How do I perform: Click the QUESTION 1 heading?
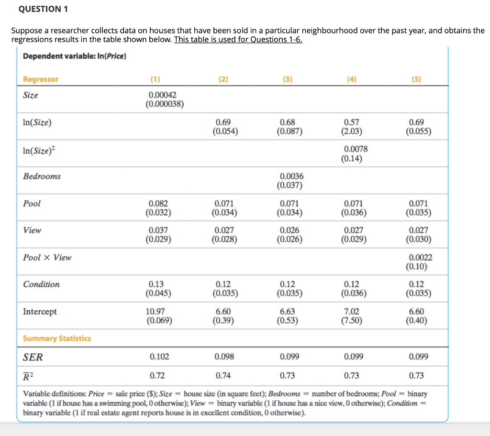tap(43, 9)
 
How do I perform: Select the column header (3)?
tap(288, 79)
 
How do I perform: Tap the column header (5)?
tap(416, 79)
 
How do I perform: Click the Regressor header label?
tap(41, 79)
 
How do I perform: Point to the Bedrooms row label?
tap(42, 176)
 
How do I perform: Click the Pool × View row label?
tap(47, 257)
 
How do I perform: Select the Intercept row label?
tap(40, 311)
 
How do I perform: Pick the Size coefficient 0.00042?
tap(163, 95)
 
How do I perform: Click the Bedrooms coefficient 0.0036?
tap(291, 176)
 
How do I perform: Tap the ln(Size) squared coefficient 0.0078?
tap(356, 149)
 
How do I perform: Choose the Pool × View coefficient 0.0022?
tap(421, 257)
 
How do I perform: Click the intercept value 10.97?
tap(155, 311)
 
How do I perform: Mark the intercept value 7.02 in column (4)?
tap(352, 311)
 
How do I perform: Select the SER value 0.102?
tap(159, 356)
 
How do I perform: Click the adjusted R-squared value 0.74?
tap(223, 375)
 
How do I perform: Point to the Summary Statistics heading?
tap(57, 338)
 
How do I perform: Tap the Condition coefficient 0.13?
tap(156, 284)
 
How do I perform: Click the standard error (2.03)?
tap(352, 131)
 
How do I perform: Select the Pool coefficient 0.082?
tap(158, 203)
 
